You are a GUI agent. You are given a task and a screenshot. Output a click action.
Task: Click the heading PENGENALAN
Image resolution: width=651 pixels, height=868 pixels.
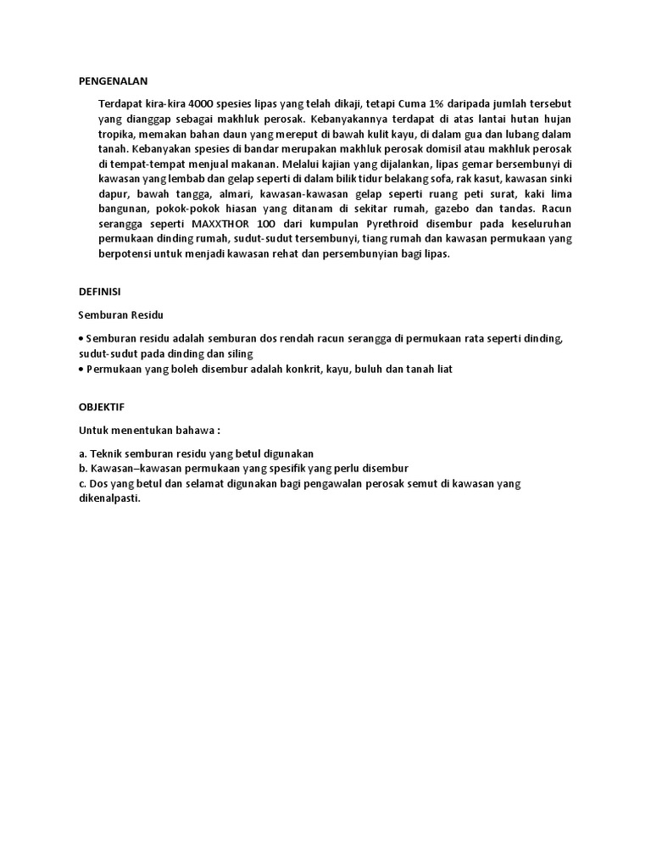(x=112, y=81)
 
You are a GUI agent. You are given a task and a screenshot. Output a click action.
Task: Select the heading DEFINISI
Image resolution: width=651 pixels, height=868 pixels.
(x=99, y=291)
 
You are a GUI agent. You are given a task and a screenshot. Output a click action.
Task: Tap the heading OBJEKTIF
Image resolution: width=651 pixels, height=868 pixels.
(x=102, y=407)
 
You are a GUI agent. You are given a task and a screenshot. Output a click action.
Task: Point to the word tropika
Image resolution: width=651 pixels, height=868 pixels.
(x=118, y=134)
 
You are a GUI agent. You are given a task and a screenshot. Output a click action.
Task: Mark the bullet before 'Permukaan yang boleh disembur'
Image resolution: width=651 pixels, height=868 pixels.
(x=81, y=370)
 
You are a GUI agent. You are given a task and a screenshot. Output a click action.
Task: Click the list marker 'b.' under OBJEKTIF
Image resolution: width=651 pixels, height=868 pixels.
(x=82, y=468)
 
